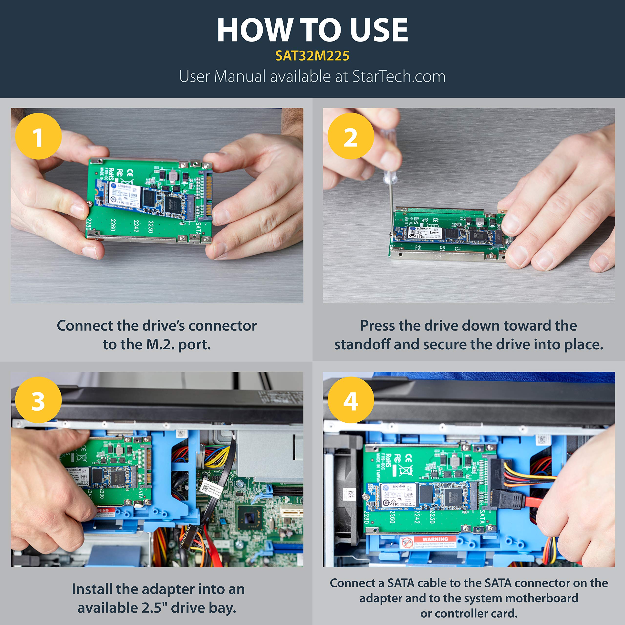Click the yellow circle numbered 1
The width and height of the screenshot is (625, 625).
tap(38, 136)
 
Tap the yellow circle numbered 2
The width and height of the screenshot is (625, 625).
tap(351, 136)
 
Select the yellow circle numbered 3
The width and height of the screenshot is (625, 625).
tap(38, 400)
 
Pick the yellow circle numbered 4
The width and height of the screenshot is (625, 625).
tap(351, 400)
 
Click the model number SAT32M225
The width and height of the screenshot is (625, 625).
tap(312, 56)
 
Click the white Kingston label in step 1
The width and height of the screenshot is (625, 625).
tap(124, 195)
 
